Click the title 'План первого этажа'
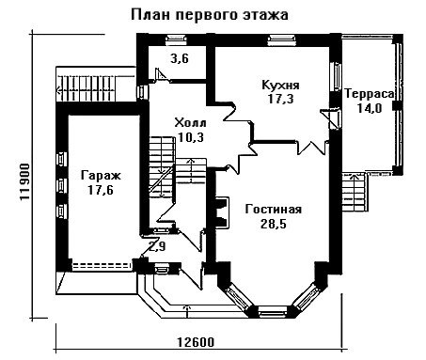point(209,15)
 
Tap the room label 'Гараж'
point(101,176)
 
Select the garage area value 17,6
point(101,190)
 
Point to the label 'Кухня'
point(280,85)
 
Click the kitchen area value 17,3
point(280,99)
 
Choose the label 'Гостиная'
point(274,210)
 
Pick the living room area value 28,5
point(274,224)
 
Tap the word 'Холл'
point(190,122)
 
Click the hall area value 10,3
point(190,137)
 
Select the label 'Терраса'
point(370,94)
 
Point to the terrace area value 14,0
point(370,108)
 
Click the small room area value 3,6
point(180,58)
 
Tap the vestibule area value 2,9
point(157,246)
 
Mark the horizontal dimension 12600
point(196,342)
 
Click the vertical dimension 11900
point(24,182)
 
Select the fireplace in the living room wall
point(222,212)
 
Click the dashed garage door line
point(102,266)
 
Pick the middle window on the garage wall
point(61,185)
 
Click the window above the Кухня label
point(281,39)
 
